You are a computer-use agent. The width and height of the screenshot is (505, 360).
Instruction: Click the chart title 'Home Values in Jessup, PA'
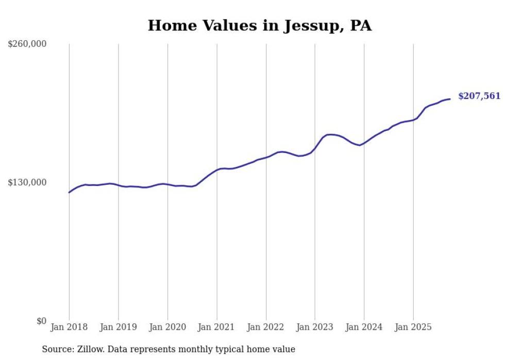point(259,26)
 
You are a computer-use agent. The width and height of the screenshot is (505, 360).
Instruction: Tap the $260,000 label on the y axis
point(27,44)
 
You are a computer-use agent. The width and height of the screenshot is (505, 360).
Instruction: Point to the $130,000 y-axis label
point(27,183)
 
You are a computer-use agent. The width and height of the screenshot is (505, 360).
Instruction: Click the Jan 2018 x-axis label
point(69,327)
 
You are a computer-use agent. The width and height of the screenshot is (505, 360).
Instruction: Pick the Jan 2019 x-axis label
point(118,327)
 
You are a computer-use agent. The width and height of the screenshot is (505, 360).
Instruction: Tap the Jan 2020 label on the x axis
point(167,327)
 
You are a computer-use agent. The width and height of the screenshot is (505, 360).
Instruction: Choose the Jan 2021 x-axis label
point(216,327)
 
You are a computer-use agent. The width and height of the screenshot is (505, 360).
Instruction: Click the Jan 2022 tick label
point(266,327)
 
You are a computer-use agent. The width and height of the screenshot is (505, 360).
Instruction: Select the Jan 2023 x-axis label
point(315,327)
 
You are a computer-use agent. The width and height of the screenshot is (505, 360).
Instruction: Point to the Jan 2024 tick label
point(364,327)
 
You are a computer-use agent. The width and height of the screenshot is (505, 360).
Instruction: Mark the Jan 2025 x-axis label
point(413,327)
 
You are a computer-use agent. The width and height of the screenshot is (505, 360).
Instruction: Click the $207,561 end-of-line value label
point(479,96)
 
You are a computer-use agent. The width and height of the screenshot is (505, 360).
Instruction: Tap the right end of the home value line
point(450,99)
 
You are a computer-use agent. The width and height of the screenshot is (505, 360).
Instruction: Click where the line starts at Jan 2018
point(69,192)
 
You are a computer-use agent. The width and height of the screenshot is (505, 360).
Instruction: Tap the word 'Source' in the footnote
point(56,349)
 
